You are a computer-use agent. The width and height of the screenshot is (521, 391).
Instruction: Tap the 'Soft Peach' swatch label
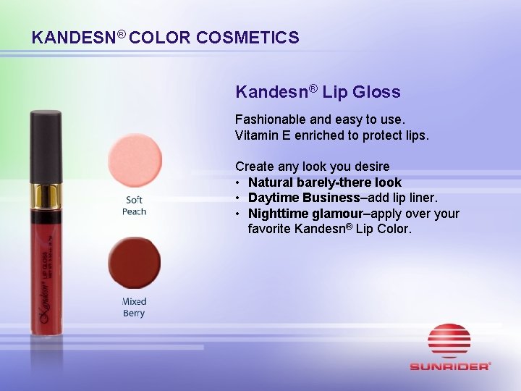(x=134, y=206)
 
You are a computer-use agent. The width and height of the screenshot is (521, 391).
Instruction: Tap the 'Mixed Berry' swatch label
(x=134, y=307)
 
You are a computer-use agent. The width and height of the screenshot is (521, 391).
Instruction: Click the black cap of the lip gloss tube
(x=45, y=145)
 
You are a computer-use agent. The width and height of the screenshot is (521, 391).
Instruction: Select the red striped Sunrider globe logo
(x=449, y=340)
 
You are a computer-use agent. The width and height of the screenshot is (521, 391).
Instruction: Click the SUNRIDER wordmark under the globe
(x=449, y=366)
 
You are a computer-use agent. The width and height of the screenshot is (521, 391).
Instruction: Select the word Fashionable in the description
(x=269, y=119)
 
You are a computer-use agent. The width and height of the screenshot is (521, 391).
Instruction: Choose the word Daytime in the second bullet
(x=274, y=198)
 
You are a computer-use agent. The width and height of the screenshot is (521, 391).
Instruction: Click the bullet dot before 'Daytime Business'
(x=239, y=198)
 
